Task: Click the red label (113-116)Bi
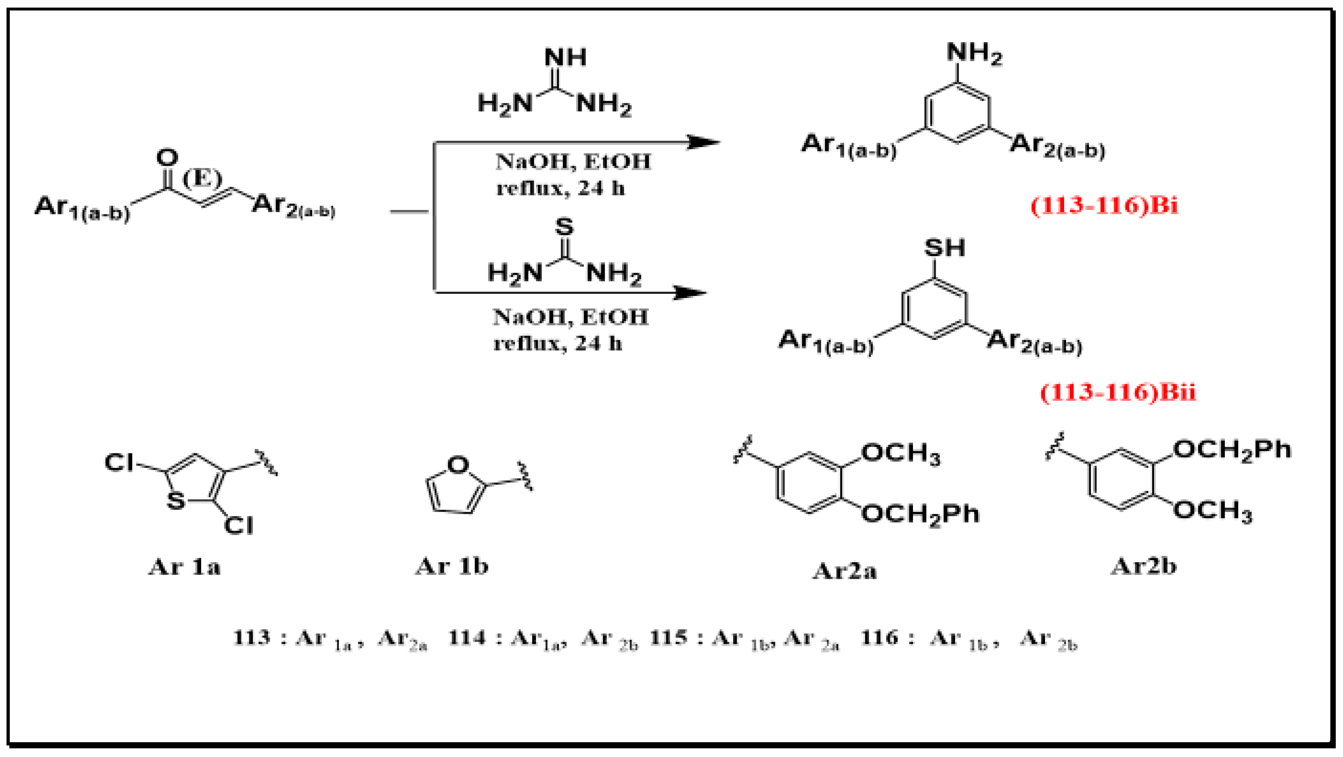(x=1104, y=206)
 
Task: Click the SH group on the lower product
(x=944, y=248)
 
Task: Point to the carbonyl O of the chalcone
(x=167, y=157)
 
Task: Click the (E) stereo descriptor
(x=202, y=179)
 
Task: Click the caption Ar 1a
(x=184, y=567)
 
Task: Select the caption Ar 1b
(x=451, y=566)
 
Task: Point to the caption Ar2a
(x=845, y=572)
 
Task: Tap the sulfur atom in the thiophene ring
(x=176, y=501)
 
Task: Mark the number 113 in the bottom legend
(x=252, y=638)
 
